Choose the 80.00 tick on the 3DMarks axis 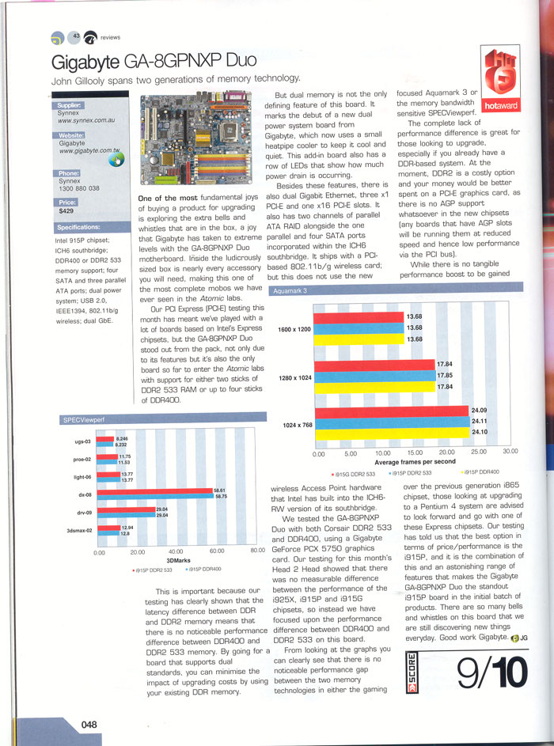point(256,551)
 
